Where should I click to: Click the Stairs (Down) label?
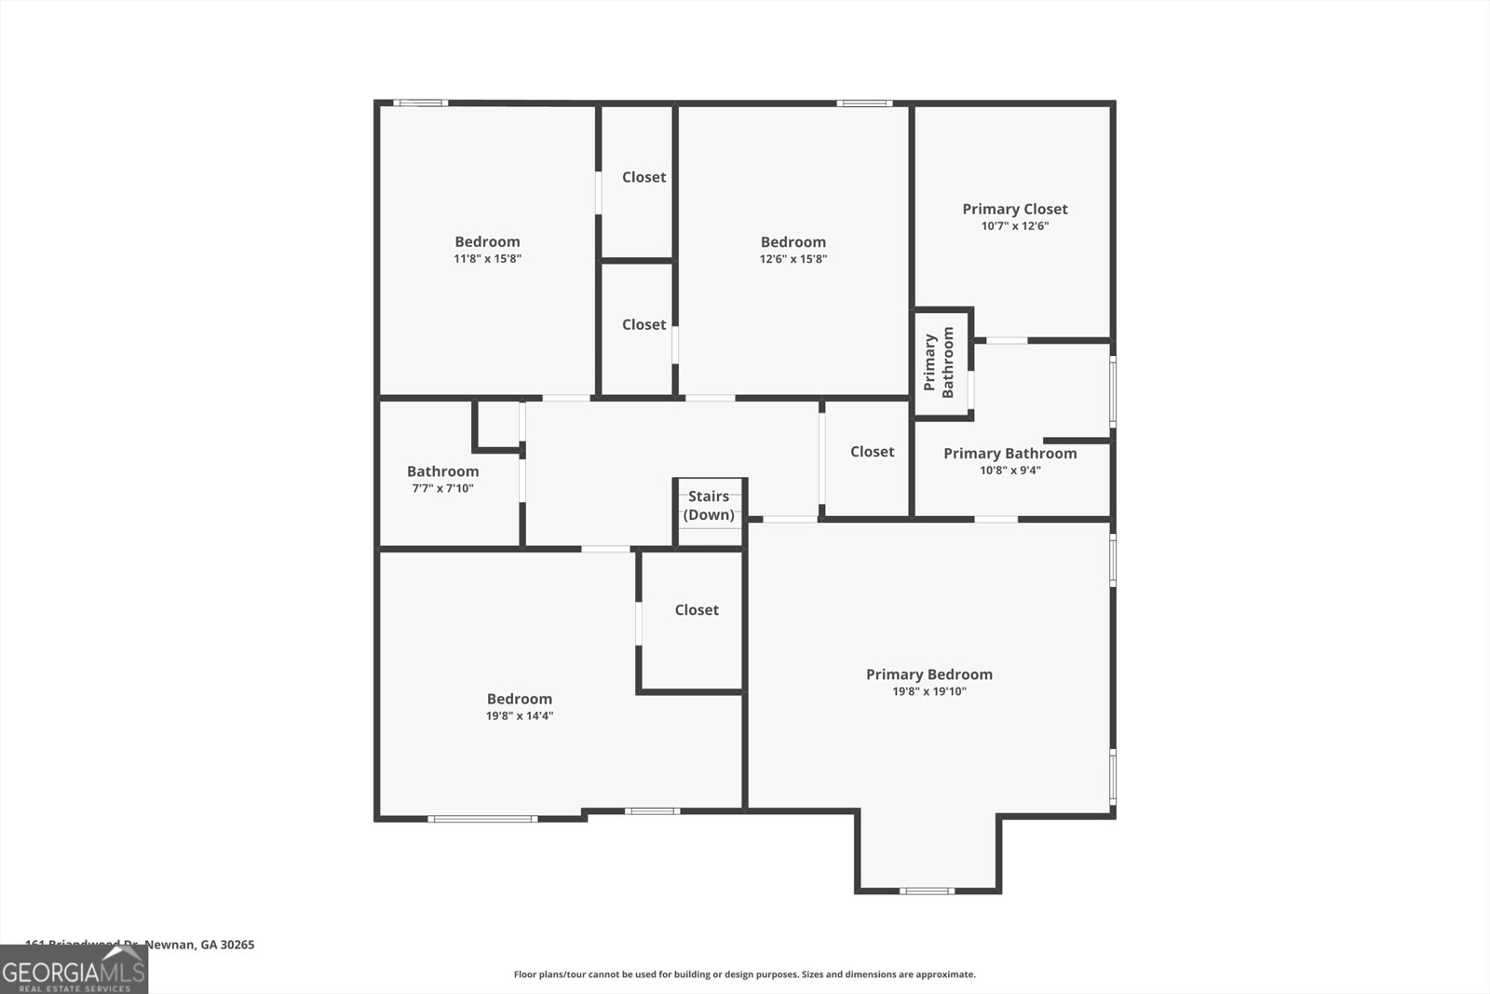click(709, 506)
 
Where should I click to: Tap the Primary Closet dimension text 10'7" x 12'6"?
click(1015, 226)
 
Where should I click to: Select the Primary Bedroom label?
click(928, 674)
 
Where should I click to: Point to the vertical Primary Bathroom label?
click(939, 362)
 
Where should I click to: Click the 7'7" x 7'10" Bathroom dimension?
click(443, 488)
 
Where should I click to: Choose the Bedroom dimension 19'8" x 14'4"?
click(520, 716)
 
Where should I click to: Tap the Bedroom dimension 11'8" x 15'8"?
click(487, 259)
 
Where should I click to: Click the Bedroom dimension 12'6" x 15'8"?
click(792, 259)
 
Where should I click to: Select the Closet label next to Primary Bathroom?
click(872, 452)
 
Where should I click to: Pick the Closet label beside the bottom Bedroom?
click(697, 610)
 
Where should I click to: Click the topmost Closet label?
click(643, 177)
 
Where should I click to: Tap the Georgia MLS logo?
click(74, 970)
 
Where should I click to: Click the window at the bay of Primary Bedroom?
click(927, 891)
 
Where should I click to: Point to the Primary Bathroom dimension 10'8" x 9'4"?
click(1009, 470)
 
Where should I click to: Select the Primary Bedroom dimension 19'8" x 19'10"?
click(928, 692)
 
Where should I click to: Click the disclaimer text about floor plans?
click(744, 974)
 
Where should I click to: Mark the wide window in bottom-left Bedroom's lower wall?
click(482, 819)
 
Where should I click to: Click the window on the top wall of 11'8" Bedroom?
click(420, 102)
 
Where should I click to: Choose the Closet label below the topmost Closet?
click(643, 325)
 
